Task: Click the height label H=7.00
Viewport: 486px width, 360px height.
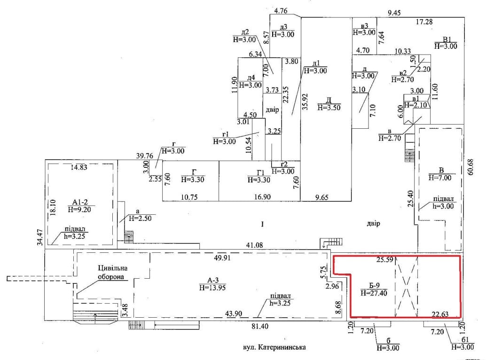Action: pyautogui.click(x=439, y=178)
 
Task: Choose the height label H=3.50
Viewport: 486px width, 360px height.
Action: pyautogui.click(x=329, y=107)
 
